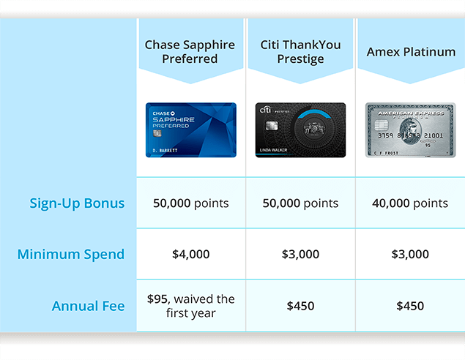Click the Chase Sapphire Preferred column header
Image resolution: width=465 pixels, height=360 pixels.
click(x=190, y=52)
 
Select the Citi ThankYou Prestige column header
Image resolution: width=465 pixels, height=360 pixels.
click(x=300, y=52)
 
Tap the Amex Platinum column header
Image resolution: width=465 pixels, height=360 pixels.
click(x=411, y=52)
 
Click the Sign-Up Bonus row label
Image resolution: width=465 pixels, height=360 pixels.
click(x=77, y=203)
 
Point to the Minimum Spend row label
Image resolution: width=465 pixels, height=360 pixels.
click(x=71, y=254)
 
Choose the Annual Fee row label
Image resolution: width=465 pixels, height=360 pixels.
click(x=89, y=306)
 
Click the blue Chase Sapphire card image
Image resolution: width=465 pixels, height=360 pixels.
click(x=191, y=130)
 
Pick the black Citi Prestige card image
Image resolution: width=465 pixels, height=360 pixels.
click(x=300, y=130)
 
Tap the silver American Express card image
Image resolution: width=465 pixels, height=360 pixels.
click(x=410, y=130)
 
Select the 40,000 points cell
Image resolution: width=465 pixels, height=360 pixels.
click(x=410, y=203)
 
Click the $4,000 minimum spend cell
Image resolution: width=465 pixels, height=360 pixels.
click(x=191, y=254)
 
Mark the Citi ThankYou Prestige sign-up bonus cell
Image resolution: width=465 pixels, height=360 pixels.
click(x=300, y=203)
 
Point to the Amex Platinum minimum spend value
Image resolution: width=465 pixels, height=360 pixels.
click(x=410, y=254)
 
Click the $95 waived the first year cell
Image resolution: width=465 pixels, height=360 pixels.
click(x=191, y=306)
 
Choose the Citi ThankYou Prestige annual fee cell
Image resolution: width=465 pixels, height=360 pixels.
click(x=300, y=306)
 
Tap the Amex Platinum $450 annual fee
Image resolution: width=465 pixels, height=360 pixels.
click(x=410, y=306)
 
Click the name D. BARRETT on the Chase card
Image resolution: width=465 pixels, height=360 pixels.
click(x=165, y=151)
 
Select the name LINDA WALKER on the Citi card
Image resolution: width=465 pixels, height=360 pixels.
click(x=273, y=150)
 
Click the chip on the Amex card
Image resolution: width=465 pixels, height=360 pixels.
click(x=382, y=124)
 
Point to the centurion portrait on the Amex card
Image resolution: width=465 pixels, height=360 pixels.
click(x=410, y=132)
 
